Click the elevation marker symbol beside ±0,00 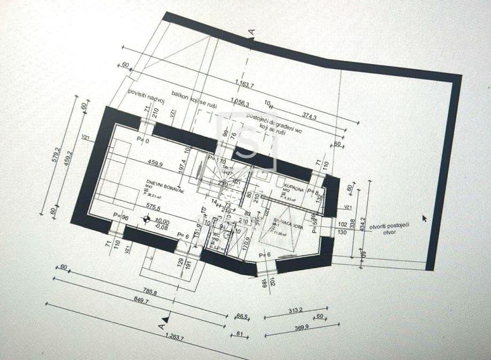tap(146, 218)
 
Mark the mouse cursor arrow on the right tap(425, 217)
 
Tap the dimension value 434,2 tap(363, 226)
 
